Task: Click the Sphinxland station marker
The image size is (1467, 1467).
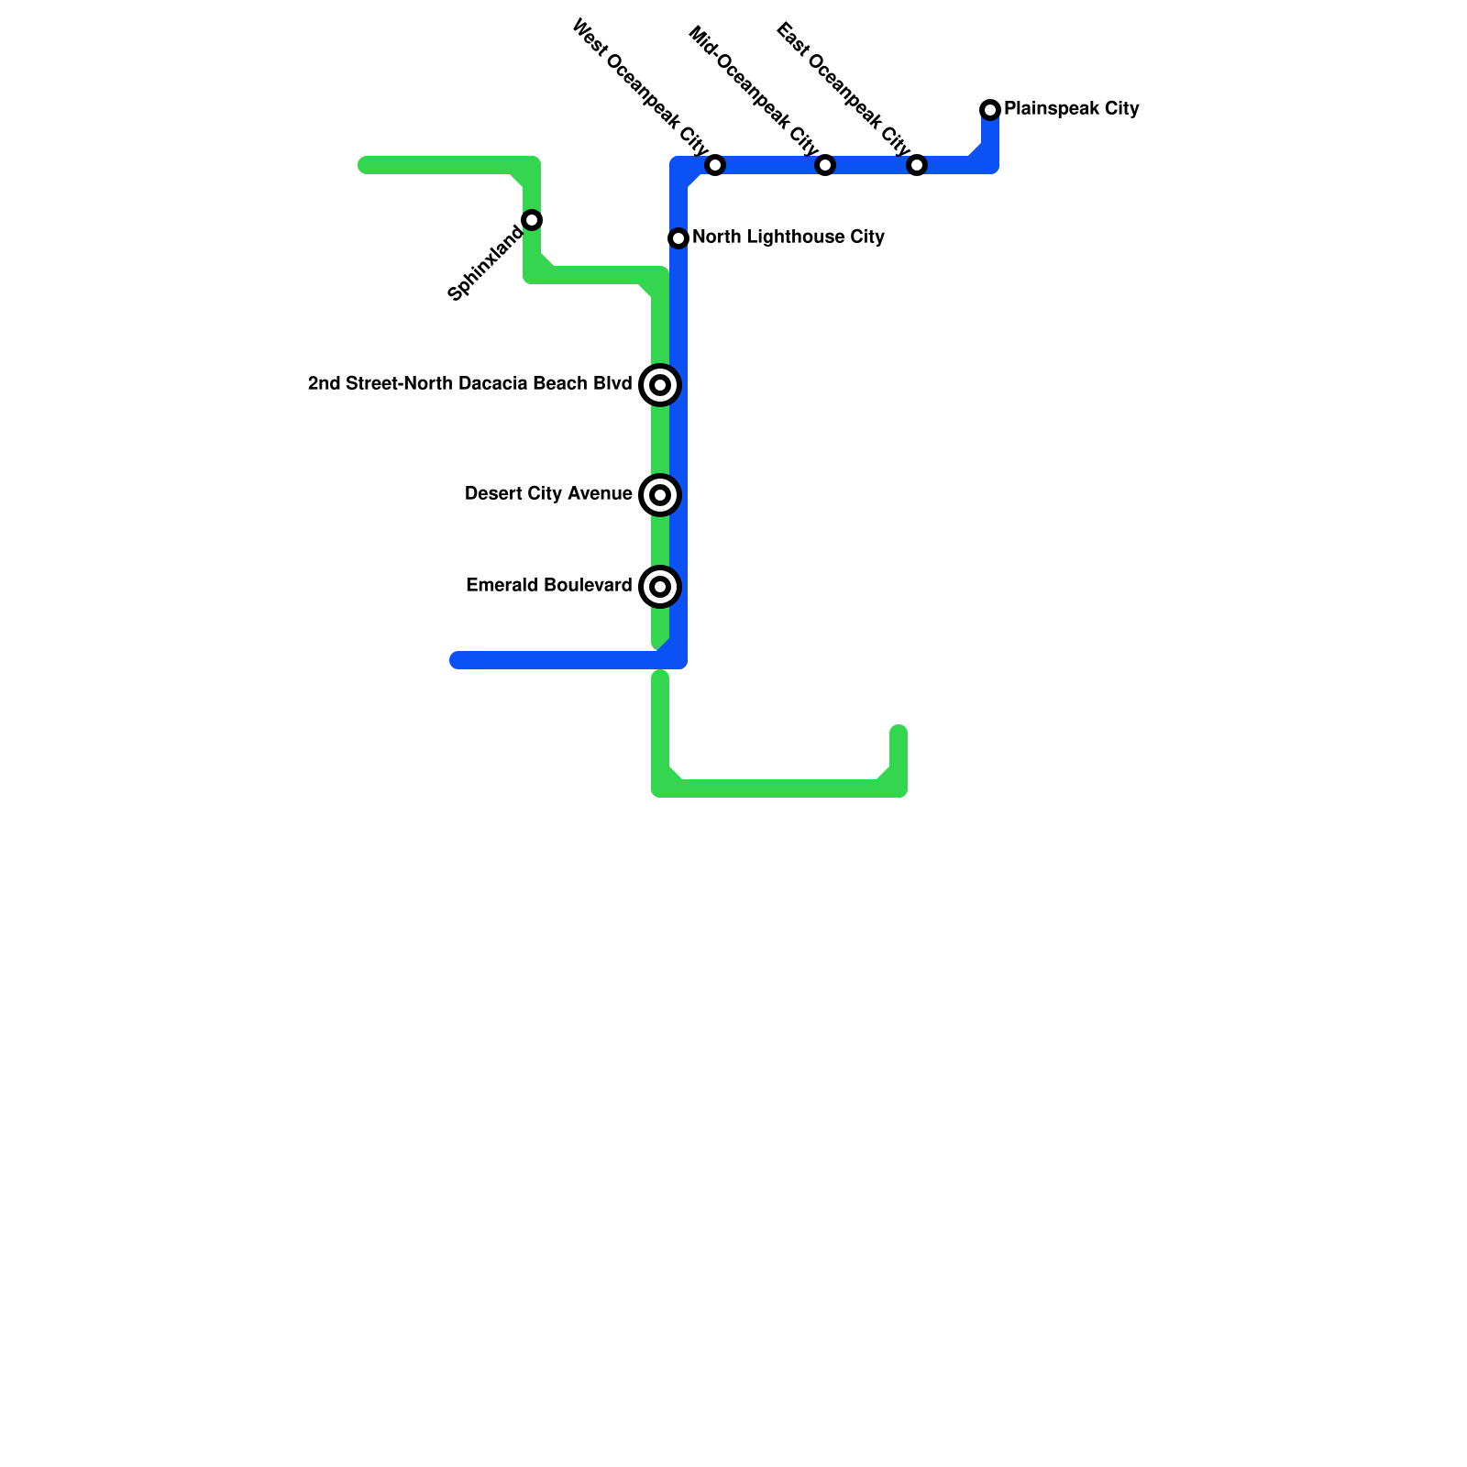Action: (x=532, y=220)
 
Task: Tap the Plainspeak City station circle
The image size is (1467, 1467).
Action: (x=990, y=110)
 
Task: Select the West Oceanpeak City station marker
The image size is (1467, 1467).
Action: (x=715, y=165)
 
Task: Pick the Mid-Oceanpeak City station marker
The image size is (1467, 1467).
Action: (x=825, y=165)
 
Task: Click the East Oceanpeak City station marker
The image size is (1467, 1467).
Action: (x=917, y=165)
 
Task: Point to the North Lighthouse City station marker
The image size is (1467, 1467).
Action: (x=678, y=238)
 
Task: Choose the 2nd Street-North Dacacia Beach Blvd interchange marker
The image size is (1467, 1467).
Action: (x=660, y=385)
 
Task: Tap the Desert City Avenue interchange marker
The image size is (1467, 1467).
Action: (x=660, y=495)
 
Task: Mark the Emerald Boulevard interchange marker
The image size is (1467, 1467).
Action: (x=660, y=587)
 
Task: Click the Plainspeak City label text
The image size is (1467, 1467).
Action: (x=1071, y=109)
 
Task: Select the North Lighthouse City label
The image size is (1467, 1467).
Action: (x=788, y=237)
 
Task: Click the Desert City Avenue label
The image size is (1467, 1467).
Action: (x=548, y=494)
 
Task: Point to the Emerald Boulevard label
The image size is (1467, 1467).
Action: (x=548, y=586)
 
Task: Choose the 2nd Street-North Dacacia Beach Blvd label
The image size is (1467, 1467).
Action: (x=469, y=384)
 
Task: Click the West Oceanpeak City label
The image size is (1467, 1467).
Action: (x=639, y=87)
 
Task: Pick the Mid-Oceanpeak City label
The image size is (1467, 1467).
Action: (x=753, y=91)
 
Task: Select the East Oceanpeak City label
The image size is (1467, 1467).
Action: (x=843, y=89)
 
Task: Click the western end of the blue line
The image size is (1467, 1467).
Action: (x=457, y=660)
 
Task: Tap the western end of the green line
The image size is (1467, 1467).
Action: (x=365, y=165)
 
